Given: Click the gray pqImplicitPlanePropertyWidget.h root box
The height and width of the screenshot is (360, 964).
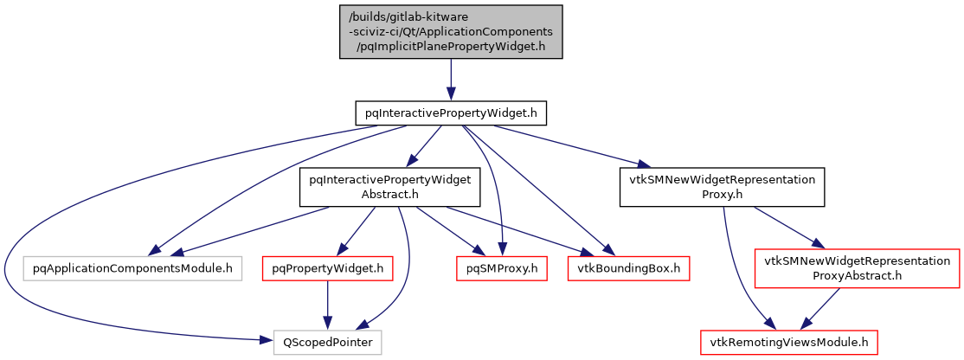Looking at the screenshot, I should click(450, 32).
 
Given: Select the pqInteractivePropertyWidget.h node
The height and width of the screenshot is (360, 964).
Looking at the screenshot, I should click(451, 113).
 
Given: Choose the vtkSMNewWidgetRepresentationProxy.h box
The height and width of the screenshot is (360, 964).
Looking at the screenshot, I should click(722, 187).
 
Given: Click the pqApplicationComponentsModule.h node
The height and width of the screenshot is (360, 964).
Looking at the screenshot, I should click(132, 268).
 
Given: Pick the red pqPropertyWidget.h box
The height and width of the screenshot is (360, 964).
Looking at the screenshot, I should click(327, 268).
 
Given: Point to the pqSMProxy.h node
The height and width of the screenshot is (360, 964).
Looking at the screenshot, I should click(498, 268).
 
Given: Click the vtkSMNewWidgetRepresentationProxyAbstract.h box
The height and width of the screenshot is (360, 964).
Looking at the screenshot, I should click(857, 268).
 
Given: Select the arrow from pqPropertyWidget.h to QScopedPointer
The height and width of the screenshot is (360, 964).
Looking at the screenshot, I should click(327, 305).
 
